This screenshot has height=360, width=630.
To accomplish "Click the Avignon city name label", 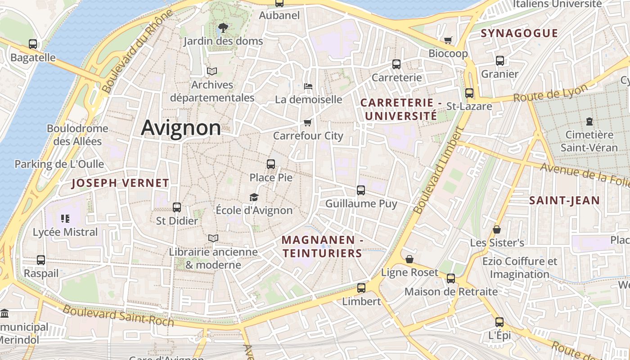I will point(181,128).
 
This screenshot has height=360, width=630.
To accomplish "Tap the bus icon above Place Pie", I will point(271,164).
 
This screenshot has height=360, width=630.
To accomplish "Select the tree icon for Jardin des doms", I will point(223,28).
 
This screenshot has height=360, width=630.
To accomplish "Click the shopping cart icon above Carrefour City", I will point(308,122).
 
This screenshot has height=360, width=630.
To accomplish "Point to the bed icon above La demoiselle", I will point(308,86).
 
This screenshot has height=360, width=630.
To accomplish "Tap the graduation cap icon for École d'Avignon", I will point(254,197).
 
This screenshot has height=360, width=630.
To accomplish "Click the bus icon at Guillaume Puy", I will point(361,190).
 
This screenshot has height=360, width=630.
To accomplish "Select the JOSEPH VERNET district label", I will point(120,183).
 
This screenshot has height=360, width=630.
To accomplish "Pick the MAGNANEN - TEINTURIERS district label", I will point(322,247).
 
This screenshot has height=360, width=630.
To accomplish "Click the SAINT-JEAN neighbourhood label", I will point(564,201).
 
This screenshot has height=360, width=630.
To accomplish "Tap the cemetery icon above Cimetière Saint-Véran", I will point(589,121).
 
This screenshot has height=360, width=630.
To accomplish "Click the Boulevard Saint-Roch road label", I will point(118,316).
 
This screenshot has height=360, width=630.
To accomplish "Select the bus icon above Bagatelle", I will point(33,44).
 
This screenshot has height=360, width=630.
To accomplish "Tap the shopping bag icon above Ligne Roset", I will point(409,259).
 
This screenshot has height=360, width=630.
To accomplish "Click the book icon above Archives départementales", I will point(212,71).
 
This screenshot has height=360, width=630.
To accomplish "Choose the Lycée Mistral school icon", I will point(65,219).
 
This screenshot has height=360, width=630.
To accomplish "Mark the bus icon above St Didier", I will point(177,207).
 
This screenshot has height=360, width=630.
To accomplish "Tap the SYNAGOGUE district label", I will point(519,33).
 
